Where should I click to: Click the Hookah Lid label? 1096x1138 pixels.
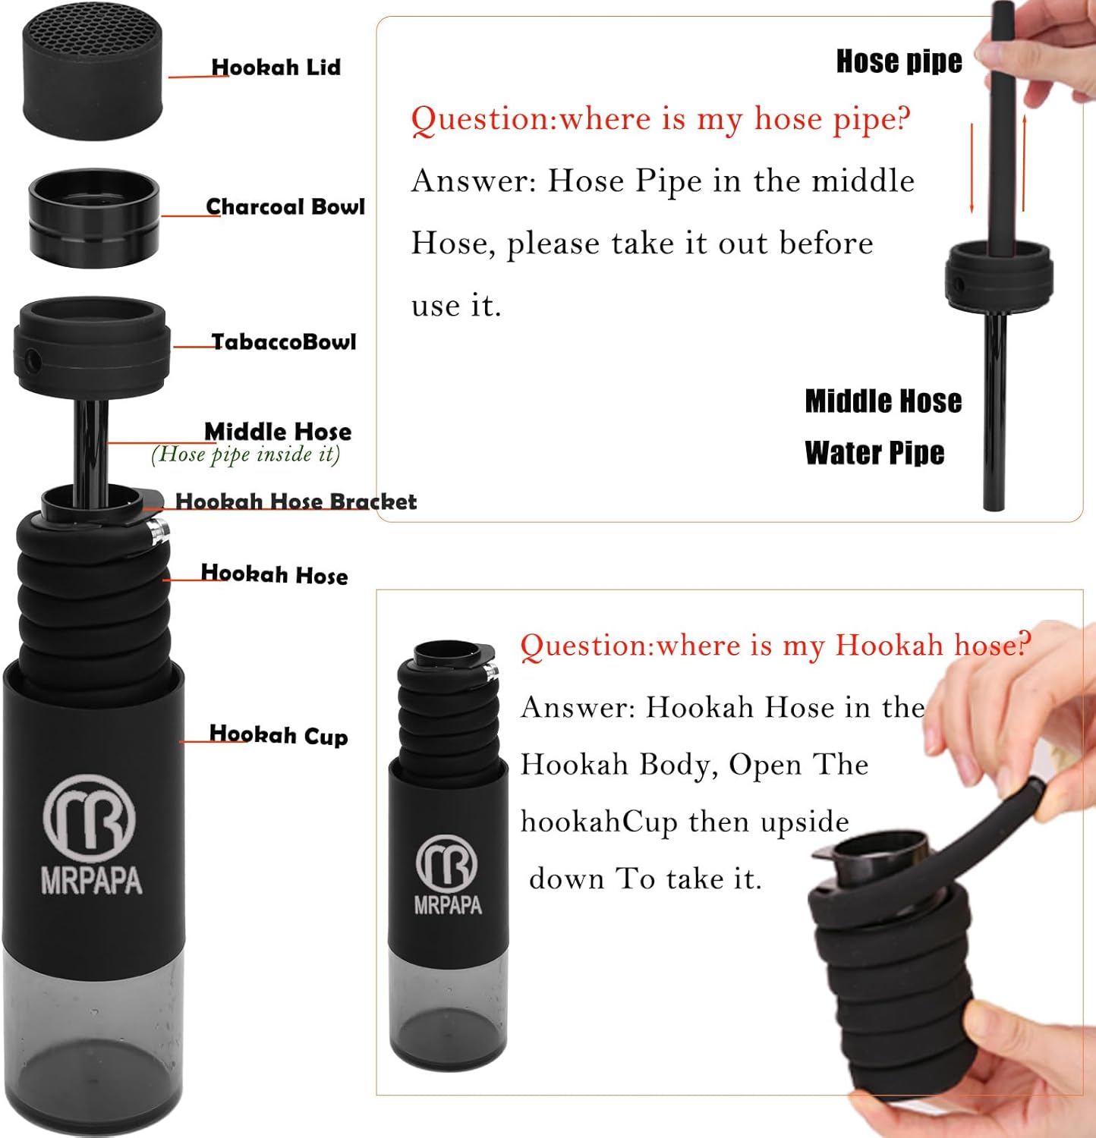point(276,68)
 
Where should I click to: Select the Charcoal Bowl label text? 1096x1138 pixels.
point(285,207)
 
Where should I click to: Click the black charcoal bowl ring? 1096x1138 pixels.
point(93,219)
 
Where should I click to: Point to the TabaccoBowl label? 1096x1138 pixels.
point(283,342)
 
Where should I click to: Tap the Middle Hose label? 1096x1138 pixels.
point(278,432)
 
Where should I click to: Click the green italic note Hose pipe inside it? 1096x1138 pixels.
point(245,454)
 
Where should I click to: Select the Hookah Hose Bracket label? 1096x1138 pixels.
point(296,501)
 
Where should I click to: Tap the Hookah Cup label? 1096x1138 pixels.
point(279,735)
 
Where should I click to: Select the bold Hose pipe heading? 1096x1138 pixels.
point(899,61)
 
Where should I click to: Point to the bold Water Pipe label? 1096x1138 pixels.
point(874,453)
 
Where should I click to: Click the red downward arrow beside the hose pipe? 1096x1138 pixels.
point(972,167)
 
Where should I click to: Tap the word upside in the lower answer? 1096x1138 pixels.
point(805,822)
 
